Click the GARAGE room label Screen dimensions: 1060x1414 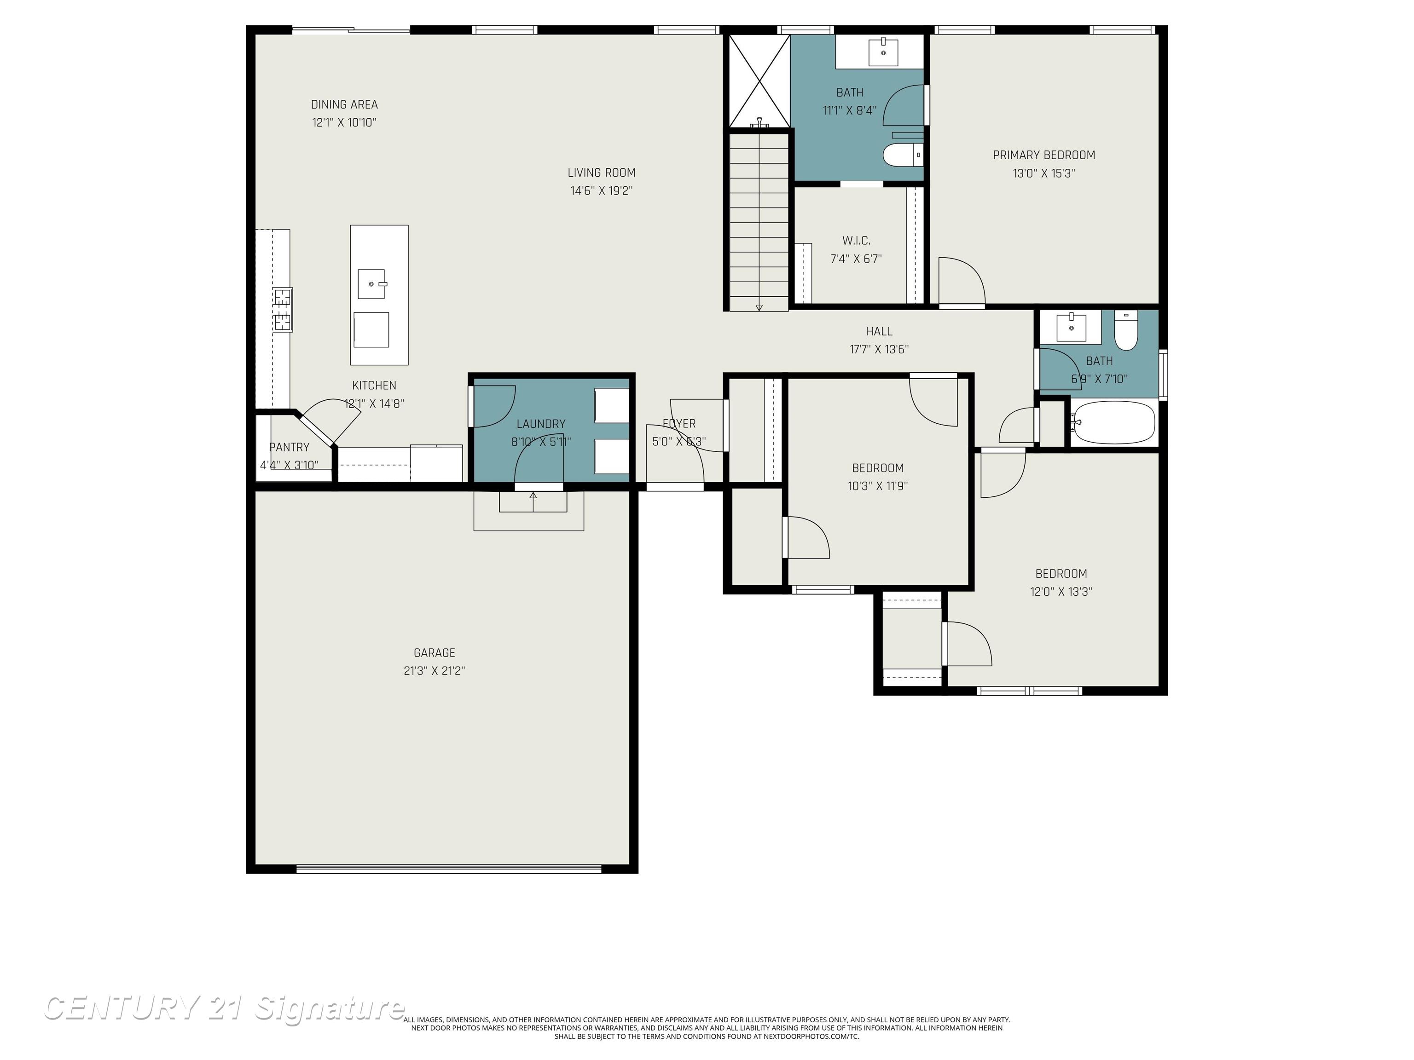pos(434,652)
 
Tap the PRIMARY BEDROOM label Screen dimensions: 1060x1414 pos(1043,155)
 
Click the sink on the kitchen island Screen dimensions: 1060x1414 pos(371,284)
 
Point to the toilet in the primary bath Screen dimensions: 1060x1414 pos(901,155)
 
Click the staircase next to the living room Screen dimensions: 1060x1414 pos(759,220)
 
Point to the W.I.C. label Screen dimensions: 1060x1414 pos(856,241)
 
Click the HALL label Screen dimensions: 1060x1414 pos(879,331)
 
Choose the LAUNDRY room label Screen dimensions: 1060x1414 pos(541,424)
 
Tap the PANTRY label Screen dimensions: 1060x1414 pos(289,447)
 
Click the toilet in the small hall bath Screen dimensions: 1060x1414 pos(1126,330)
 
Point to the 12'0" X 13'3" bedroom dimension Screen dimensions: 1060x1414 pos(1060,592)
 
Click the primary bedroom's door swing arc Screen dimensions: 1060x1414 pos(962,281)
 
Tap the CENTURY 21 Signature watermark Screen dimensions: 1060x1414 pos(224,1008)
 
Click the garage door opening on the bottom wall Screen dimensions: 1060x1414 pos(449,868)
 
